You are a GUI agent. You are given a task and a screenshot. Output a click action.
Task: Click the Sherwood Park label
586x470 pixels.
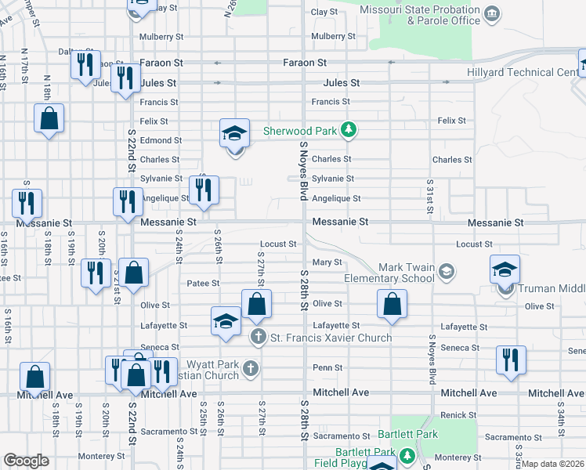[x=302, y=131]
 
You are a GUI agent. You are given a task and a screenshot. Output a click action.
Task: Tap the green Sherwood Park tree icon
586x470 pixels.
[x=350, y=131]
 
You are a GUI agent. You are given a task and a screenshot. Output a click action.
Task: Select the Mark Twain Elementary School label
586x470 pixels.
[x=389, y=273]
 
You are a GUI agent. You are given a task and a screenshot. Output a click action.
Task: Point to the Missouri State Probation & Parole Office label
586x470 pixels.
[x=421, y=15]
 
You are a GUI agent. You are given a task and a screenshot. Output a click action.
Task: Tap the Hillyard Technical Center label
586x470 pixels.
[x=534, y=73]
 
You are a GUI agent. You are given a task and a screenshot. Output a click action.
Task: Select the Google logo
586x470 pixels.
[x=26, y=461]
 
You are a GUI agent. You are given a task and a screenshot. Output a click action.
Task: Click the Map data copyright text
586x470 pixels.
[x=553, y=464]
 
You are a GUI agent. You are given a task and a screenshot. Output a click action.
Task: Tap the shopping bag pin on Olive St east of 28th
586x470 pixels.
[x=392, y=305]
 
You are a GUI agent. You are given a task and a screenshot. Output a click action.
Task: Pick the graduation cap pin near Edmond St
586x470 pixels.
[x=234, y=134]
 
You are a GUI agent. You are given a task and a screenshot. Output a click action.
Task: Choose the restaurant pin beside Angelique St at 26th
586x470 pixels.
[x=204, y=191]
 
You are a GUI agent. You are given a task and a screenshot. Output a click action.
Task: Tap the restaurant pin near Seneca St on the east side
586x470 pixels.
[x=510, y=361]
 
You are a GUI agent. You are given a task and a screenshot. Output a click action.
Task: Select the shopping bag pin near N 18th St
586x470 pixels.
[x=49, y=119]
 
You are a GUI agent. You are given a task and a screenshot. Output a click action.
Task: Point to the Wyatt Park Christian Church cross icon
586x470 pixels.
[x=249, y=368]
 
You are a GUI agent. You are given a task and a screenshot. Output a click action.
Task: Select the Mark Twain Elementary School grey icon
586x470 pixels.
[x=446, y=272]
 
